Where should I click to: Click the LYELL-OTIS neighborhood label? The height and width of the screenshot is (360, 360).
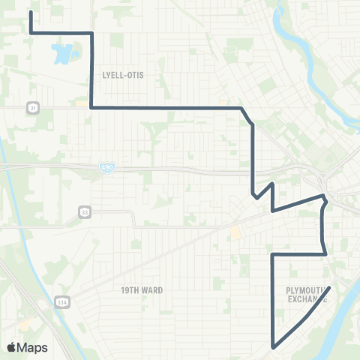(121, 75)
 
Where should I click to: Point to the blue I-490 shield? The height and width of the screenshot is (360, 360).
(109, 170)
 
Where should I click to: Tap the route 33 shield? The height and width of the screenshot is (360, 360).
(85, 212)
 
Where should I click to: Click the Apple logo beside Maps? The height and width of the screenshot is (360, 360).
(12, 347)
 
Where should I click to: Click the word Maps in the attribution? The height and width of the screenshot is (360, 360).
(33, 347)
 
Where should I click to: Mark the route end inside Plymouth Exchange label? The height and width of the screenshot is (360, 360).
(330, 287)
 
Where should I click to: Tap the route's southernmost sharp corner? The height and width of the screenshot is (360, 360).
(273, 346)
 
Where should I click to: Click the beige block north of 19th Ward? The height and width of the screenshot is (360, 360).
(235, 232)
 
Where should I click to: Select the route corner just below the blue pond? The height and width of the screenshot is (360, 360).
(91, 108)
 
